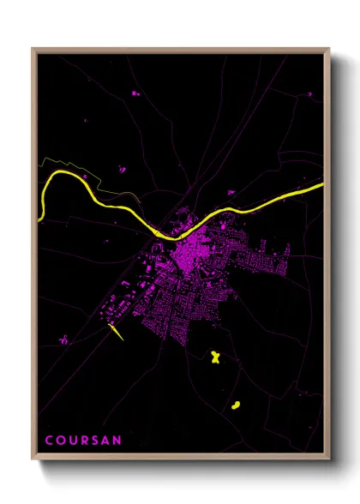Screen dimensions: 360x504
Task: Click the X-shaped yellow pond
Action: pyautogui.click(x=215, y=356)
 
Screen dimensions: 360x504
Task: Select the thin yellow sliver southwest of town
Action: pyautogui.click(x=117, y=332)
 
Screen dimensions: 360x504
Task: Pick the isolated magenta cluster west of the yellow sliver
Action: pyautogui.click(x=63, y=341)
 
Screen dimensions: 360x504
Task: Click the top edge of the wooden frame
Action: pyautogui.click(x=180, y=50)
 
